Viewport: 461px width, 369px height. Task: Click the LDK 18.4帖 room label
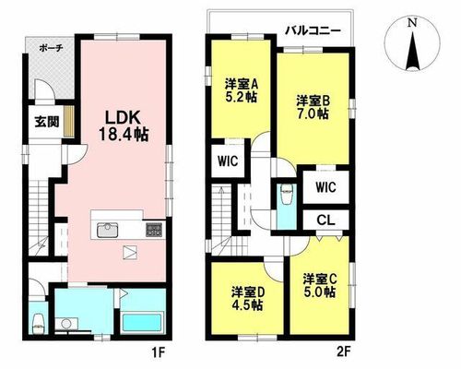[124, 125]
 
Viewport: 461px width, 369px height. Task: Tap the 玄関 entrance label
[46, 123]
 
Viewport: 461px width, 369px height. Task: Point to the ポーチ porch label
[52, 48]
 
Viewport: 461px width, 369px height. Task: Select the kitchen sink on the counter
[108, 231]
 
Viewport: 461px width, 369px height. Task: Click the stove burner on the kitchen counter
[154, 229]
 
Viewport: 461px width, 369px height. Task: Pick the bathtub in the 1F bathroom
[142, 322]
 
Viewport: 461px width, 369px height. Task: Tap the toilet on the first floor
[39, 324]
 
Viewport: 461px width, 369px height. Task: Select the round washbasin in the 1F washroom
[65, 323]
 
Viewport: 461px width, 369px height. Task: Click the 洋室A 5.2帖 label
[242, 90]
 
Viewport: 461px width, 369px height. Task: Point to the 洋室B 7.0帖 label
[313, 107]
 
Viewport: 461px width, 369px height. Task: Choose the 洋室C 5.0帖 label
[320, 286]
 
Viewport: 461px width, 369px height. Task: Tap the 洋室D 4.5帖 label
[247, 299]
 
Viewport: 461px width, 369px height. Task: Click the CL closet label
[325, 220]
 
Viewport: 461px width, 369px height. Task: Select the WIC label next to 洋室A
[228, 161]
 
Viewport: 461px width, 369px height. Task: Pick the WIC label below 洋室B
[325, 186]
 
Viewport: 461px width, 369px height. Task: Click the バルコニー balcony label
[313, 30]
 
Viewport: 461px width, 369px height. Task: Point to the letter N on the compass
[412, 23]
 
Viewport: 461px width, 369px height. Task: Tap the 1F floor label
[159, 351]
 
